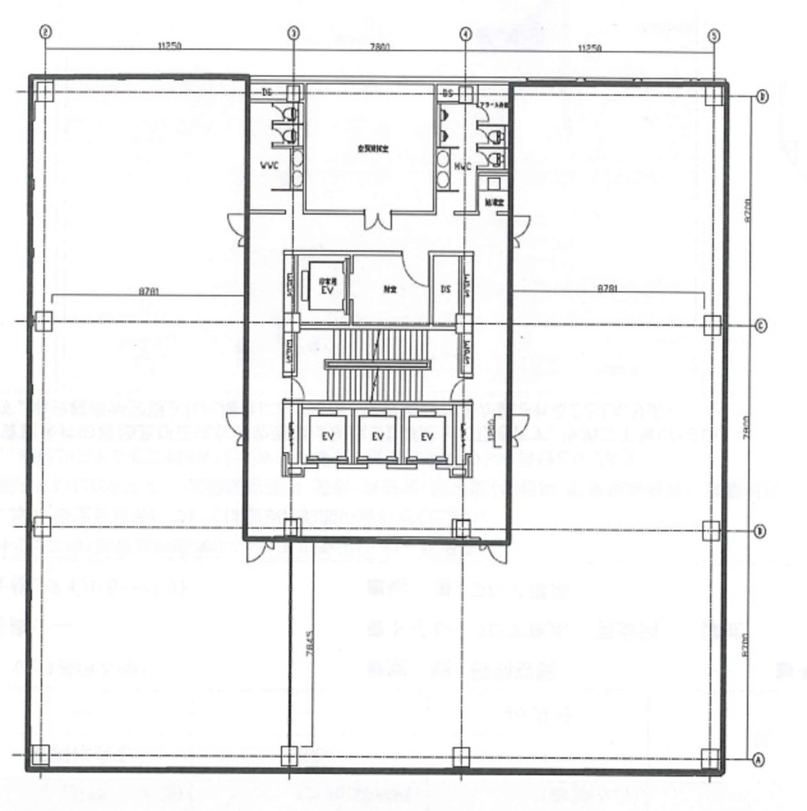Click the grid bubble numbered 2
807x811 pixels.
[45, 31]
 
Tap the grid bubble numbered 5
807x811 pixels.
[714, 36]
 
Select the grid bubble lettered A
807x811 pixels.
[758, 760]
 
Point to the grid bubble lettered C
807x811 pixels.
[760, 326]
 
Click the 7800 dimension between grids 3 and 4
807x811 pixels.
[380, 47]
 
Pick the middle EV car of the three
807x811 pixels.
[378, 436]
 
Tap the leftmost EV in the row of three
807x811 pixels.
[328, 436]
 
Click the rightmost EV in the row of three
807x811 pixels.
[426, 436]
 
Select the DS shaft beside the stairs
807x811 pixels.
[446, 289]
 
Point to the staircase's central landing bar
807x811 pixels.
[378, 364]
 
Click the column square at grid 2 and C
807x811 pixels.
[43, 321]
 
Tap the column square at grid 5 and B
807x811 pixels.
[710, 531]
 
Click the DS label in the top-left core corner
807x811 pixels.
[267, 93]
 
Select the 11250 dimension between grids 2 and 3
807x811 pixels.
[170, 47]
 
